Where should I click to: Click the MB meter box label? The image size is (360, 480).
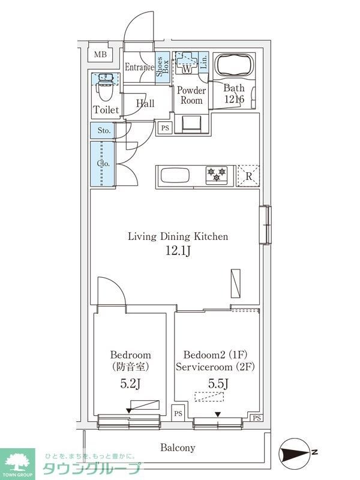click(100, 55)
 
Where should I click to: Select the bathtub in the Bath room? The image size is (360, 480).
click(234, 65)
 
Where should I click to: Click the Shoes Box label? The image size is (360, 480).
click(162, 67)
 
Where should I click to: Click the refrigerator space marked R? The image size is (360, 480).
click(248, 176)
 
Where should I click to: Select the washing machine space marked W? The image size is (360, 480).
click(187, 63)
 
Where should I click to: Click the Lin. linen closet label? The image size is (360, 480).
click(203, 62)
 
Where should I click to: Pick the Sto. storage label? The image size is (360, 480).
click(104, 130)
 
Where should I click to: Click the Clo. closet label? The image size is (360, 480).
click(103, 163)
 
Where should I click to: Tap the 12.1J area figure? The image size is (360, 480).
click(178, 250)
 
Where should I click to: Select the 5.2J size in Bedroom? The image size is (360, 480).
click(130, 384)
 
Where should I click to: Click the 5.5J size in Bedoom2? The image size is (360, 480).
click(218, 383)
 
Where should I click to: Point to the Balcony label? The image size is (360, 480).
click(178, 448)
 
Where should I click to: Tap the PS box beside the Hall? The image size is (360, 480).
click(165, 128)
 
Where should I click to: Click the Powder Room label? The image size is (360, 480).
click(191, 95)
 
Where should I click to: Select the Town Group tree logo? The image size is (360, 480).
click(17, 461)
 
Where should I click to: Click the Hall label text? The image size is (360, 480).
click(145, 103)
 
